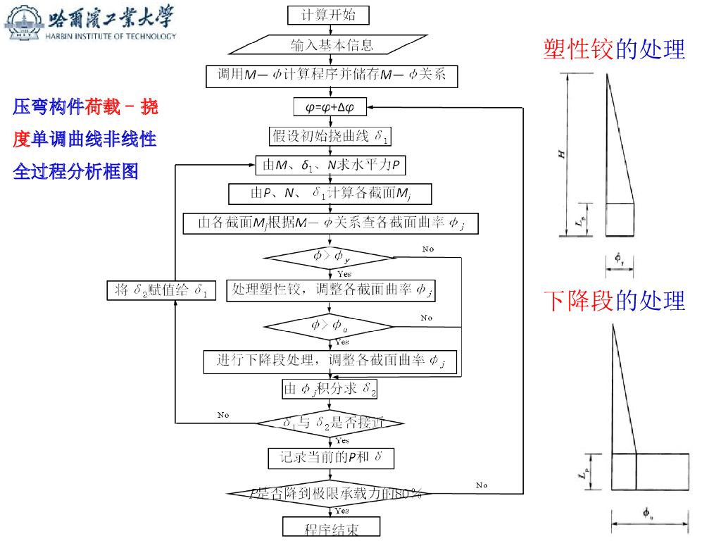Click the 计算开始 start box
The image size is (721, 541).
tap(328, 15)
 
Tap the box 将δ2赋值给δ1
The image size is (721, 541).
tap(161, 290)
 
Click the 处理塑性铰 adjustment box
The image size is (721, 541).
tap(330, 290)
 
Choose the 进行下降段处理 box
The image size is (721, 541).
tap(330, 361)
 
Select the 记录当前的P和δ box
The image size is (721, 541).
tap(330, 458)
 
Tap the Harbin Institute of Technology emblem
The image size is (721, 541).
tap(23, 23)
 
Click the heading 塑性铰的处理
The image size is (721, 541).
tap(614, 49)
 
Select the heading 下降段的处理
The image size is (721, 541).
tap(614, 301)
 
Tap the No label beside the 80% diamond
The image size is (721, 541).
tap(482, 485)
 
